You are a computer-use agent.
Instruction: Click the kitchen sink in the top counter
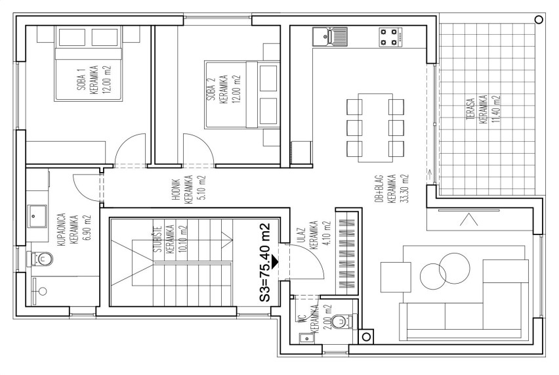pos(330,37)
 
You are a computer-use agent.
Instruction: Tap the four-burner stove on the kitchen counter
pos(390,37)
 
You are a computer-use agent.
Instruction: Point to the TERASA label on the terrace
pos(471,110)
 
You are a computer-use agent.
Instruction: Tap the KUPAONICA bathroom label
pos(61,230)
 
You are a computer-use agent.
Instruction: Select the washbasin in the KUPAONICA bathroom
pos(37,215)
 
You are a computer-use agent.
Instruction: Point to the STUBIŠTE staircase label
pos(158,238)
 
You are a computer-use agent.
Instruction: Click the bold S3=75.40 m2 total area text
pos(265,262)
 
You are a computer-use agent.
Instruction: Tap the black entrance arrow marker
pos(274,261)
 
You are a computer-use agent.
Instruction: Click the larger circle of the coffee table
pos(455,268)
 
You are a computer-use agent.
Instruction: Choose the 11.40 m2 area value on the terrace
pos(496,109)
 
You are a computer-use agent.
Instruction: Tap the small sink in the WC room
pos(306,338)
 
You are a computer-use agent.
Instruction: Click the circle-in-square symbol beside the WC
pos(366,336)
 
